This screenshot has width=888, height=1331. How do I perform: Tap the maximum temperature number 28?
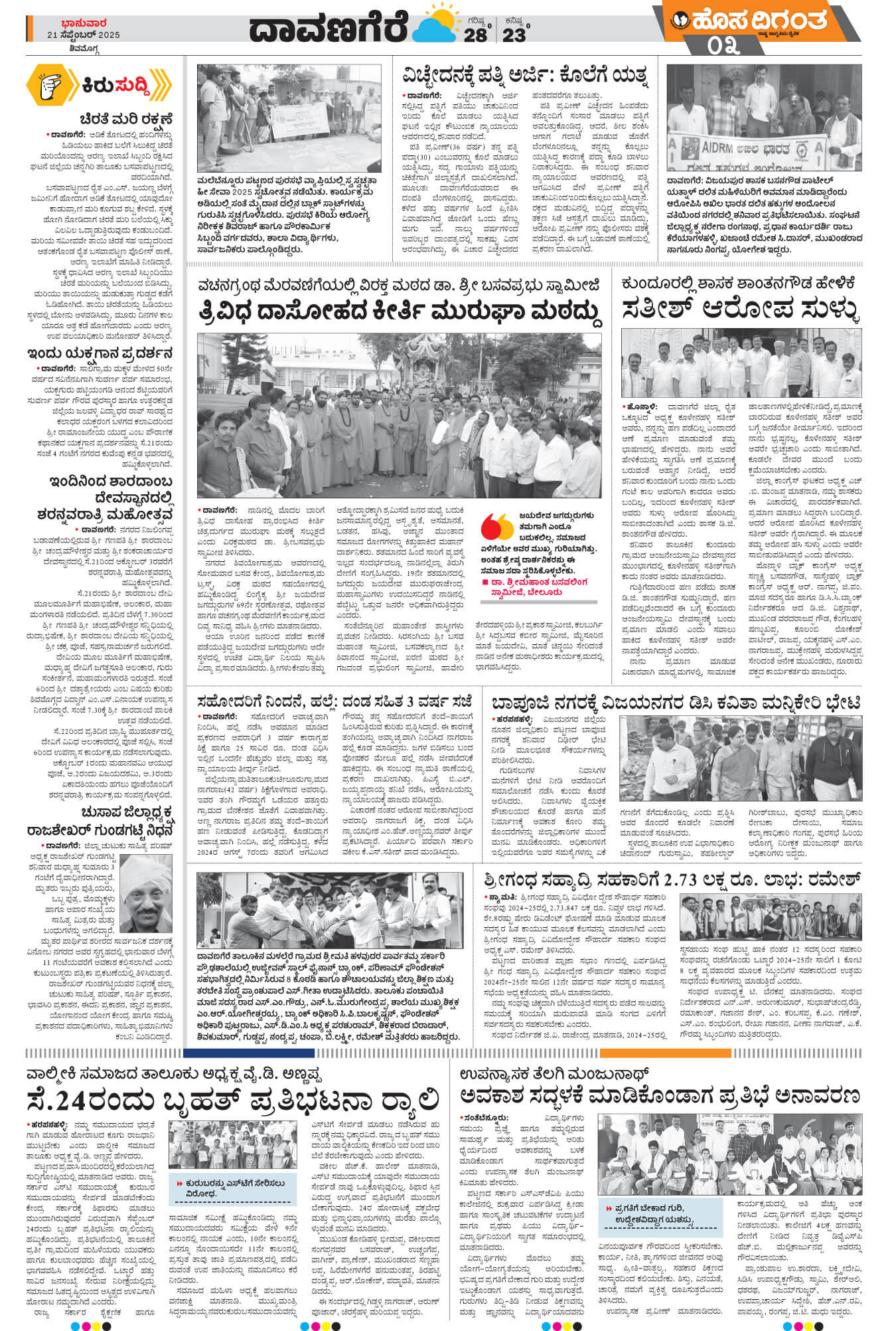pos(475,35)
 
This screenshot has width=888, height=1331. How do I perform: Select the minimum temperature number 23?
pos(513,35)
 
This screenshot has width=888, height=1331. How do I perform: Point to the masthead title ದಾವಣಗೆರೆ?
pos(328,29)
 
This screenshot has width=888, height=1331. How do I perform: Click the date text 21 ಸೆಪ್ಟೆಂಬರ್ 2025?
pos(83,35)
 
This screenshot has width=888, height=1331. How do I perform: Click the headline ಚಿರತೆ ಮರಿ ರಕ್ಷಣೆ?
pos(125,120)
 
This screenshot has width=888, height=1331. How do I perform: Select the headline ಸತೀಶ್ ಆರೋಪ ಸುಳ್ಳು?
pos(740,309)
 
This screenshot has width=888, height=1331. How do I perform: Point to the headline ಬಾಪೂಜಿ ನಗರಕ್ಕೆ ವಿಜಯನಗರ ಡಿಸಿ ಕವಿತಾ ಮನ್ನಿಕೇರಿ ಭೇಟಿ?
pos(676,703)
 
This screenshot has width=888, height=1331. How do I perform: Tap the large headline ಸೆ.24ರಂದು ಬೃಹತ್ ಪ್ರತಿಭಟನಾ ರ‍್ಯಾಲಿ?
pos(232,1099)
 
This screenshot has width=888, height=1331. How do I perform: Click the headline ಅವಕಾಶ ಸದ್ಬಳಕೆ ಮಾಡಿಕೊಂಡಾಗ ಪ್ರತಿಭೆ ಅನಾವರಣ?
pos(660,1096)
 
